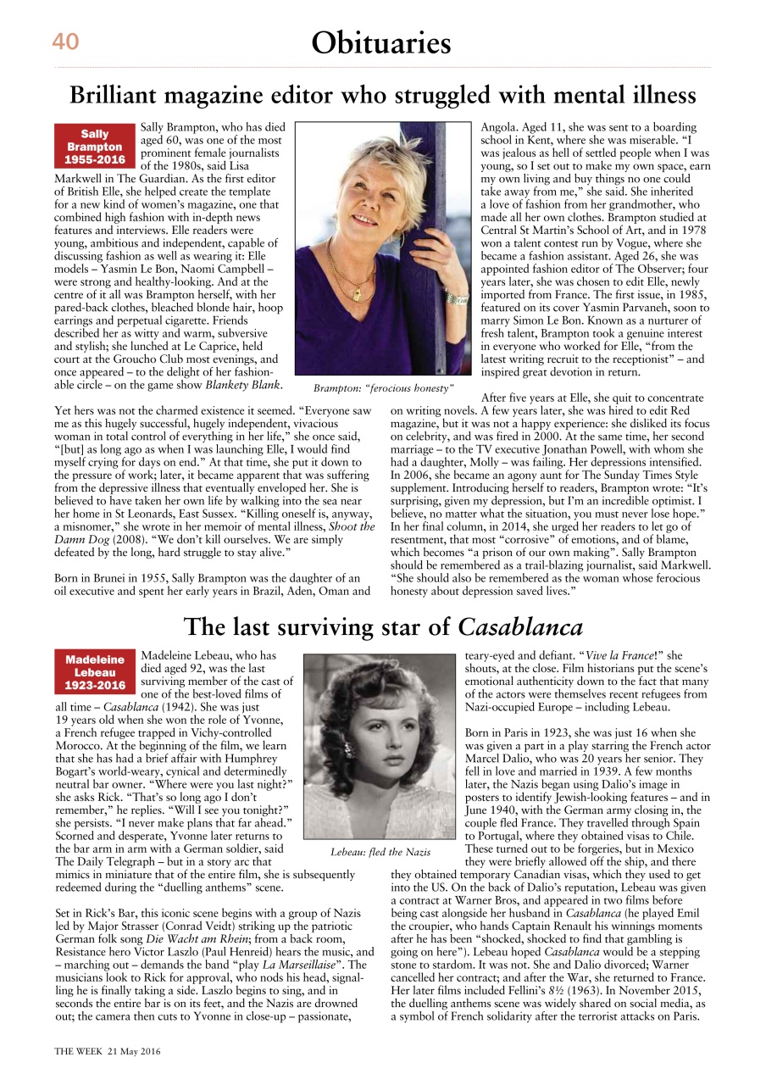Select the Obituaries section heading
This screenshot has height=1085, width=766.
[x=380, y=42]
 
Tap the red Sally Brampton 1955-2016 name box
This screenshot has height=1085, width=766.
[x=95, y=147]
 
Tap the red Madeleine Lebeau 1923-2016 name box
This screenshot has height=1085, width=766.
[x=95, y=672]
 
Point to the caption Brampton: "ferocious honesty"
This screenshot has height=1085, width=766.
[x=384, y=388]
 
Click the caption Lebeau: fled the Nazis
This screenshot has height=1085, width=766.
[x=380, y=851]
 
